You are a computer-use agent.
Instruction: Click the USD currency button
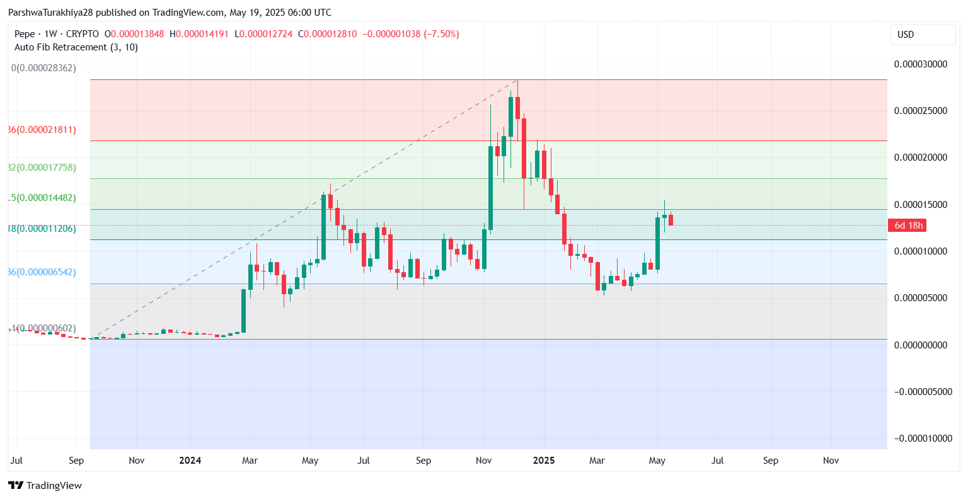click(906, 35)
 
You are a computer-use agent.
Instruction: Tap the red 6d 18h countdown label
click(908, 226)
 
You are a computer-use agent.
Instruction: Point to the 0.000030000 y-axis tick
click(920, 64)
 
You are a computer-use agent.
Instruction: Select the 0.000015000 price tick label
click(920, 205)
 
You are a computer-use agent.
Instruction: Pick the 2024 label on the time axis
click(190, 461)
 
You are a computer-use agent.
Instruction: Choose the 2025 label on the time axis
click(544, 461)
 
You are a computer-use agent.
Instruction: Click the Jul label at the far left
click(16, 461)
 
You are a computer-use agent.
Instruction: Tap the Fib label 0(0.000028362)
click(43, 68)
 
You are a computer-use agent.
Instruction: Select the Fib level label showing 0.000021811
click(42, 130)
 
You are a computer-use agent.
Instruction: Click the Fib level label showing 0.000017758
click(42, 168)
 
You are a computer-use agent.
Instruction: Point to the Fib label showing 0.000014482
click(42, 198)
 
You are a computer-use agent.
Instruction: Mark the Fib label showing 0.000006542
click(42, 272)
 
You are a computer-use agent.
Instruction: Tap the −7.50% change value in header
click(442, 34)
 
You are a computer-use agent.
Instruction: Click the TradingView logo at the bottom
click(45, 485)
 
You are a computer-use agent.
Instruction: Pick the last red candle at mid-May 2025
click(671, 220)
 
